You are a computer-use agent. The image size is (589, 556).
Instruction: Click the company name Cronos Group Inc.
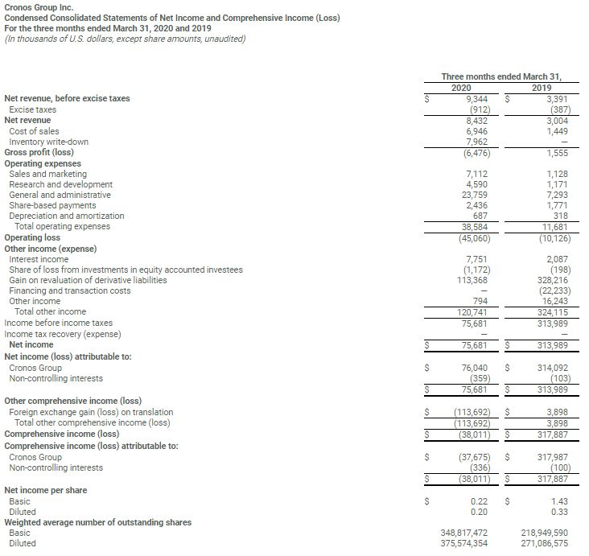pyautogui.click(x=39, y=6)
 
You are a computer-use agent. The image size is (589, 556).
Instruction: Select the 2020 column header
pyautogui.click(x=461, y=88)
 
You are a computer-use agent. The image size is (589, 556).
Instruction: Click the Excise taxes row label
pyautogui.click(x=33, y=109)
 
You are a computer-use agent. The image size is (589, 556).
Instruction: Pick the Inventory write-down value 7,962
pyautogui.click(x=479, y=142)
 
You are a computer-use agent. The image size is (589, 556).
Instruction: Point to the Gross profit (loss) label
pyautogui.click(x=39, y=152)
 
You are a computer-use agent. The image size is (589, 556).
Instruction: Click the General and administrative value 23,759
pyautogui.click(x=475, y=195)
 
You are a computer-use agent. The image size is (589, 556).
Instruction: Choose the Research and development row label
pyautogui.click(x=59, y=184)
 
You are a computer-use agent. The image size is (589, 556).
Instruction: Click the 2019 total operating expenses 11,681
pyautogui.click(x=552, y=227)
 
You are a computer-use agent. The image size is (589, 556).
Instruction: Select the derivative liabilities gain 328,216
pyautogui.click(x=550, y=280)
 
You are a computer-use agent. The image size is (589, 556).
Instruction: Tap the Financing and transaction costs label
pyautogui.click(x=69, y=290)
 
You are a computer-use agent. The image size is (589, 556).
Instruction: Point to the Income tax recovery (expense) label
pyautogui.click(x=63, y=334)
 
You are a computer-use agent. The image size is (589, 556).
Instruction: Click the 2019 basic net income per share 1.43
pyautogui.click(x=558, y=501)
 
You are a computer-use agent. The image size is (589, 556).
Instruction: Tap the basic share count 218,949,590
pyautogui.click(x=543, y=533)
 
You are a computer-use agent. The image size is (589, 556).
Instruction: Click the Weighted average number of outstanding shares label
pyautogui.click(x=98, y=522)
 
